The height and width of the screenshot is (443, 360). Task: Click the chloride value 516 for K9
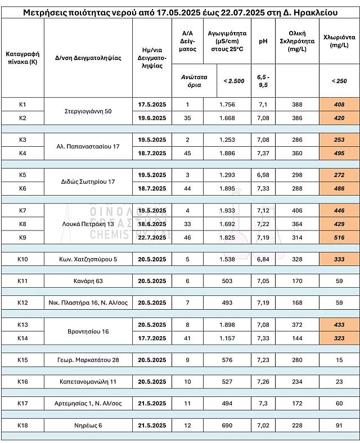pos(339,238)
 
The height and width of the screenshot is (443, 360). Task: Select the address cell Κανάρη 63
pos(88,281)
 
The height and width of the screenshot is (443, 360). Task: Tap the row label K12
pos(22,302)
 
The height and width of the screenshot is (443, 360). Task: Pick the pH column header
pos(263,41)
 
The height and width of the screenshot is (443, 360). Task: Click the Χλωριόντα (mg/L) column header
pos(339,41)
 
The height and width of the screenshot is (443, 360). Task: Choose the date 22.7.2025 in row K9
pos(152,238)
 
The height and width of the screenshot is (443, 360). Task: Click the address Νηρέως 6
pos(88,425)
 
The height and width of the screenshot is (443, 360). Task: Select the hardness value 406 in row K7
pos(297,210)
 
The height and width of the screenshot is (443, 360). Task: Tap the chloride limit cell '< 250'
pos(339,81)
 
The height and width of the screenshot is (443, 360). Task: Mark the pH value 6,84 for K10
pos(263,259)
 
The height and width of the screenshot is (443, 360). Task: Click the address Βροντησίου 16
pos(88,331)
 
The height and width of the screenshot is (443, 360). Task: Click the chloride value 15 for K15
pos(339,360)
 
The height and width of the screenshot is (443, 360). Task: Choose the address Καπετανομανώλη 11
pos(88,382)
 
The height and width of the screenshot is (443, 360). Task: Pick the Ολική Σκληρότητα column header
pos(297,41)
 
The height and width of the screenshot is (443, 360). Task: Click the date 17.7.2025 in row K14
pos(152,338)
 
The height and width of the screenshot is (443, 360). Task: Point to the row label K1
pos(22,105)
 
